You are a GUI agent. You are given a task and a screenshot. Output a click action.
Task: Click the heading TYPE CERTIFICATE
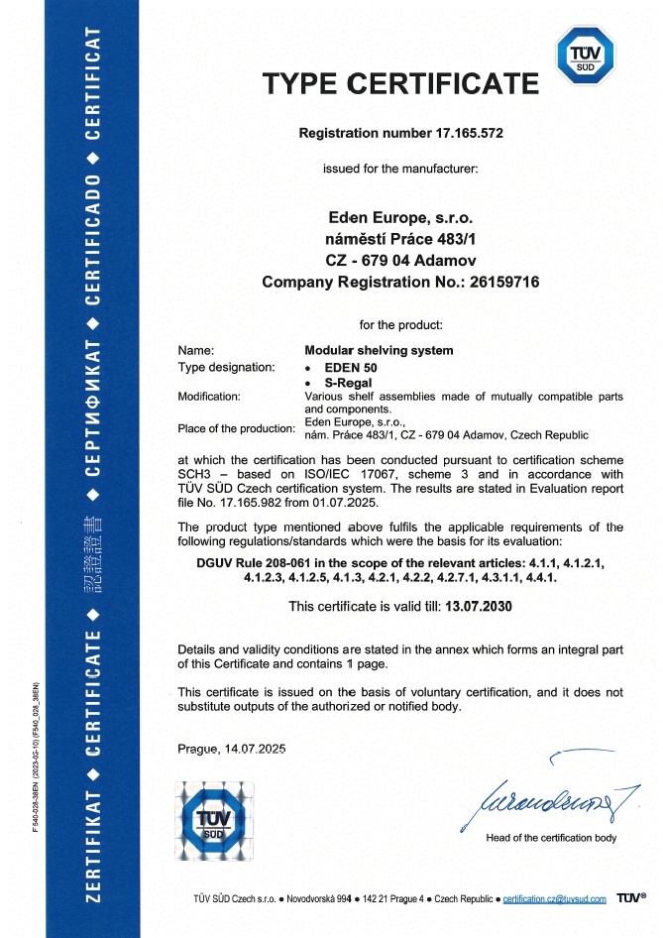tap(400, 83)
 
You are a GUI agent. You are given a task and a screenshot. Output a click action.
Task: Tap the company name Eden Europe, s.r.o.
tap(400, 216)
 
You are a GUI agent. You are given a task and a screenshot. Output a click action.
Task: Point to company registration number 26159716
tap(497, 283)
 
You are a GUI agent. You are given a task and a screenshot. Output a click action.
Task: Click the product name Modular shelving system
tap(379, 350)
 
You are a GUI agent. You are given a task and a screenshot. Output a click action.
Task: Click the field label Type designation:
tap(226, 367)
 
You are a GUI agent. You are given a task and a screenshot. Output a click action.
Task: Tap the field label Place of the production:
tap(237, 428)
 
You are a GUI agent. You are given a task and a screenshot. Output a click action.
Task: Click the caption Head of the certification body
tap(551, 838)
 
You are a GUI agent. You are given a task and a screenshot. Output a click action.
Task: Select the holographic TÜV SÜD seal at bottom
tap(214, 819)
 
